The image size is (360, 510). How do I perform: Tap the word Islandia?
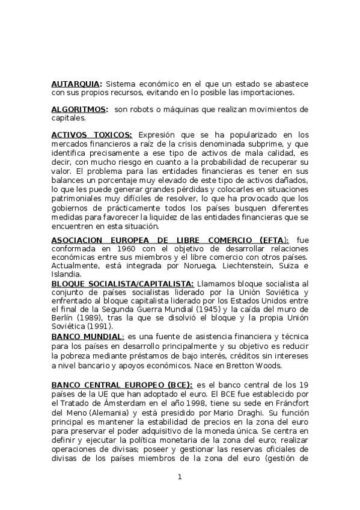(x=69, y=274)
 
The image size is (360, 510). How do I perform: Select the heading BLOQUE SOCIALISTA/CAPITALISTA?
(x=123, y=283)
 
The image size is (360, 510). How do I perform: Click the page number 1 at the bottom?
(x=179, y=477)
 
